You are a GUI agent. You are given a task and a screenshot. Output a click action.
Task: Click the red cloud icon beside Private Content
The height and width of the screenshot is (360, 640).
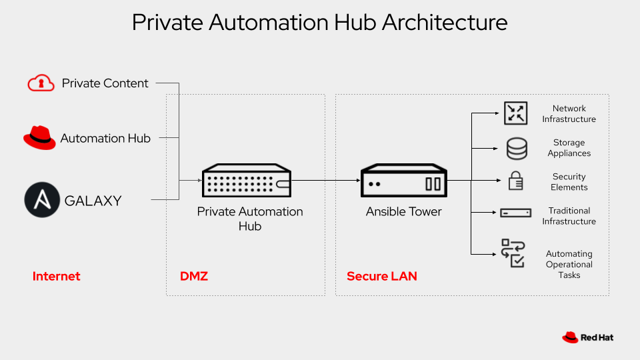[x=41, y=83]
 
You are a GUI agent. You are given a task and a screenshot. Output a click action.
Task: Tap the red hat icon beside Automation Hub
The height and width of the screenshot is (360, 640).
[x=39, y=137]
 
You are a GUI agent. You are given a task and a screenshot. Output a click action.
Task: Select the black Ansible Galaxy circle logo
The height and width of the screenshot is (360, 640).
[x=42, y=200]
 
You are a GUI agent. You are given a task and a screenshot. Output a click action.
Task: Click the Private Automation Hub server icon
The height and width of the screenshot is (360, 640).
[x=247, y=181]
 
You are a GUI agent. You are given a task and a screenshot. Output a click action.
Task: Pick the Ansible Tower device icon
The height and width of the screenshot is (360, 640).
[x=403, y=182]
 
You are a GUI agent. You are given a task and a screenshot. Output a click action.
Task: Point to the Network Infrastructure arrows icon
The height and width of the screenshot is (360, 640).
[x=515, y=113]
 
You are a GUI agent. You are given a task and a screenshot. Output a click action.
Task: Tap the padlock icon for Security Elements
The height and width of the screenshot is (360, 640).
[x=516, y=181]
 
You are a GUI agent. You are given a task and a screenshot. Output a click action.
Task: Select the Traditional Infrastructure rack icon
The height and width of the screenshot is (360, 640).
[x=515, y=213]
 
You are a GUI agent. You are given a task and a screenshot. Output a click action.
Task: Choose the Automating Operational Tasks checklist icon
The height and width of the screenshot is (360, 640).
[x=513, y=253]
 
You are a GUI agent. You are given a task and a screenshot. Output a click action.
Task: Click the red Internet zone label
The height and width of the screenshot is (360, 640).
[x=56, y=276]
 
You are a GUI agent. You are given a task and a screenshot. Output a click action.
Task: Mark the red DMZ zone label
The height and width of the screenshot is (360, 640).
[x=194, y=276]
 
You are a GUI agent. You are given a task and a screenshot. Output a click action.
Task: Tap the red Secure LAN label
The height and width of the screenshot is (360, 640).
[x=381, y=276]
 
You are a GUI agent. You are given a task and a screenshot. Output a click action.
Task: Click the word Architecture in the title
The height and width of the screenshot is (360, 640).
[x=444, y=23]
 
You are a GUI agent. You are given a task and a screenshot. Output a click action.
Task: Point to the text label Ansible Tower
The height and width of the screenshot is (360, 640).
[x=403, y=211]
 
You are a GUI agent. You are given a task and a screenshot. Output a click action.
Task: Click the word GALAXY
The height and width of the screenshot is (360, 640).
[x=93, y=201]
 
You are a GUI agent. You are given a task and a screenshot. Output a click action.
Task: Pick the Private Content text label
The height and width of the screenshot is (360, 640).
[x=105, y=83]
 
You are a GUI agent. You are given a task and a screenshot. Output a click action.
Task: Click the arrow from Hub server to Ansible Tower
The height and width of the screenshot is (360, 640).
[x=327, y=180]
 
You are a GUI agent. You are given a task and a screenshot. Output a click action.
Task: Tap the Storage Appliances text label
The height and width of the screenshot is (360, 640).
[x=569, y=148]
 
